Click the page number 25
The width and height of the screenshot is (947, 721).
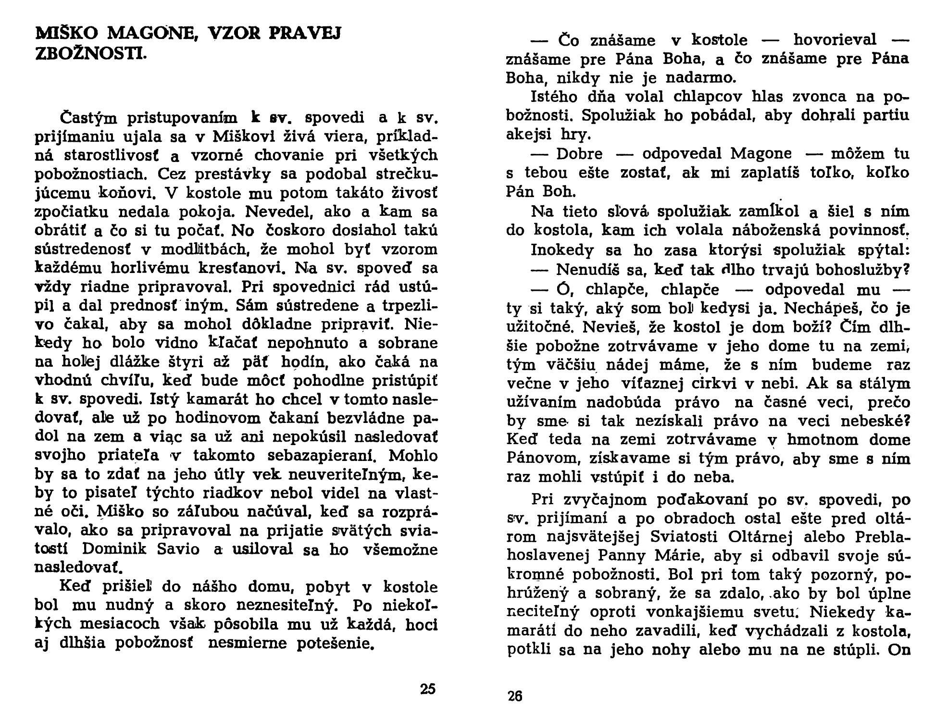click(x=427, y=689)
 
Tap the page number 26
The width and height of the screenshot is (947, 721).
click(x=515, y=696)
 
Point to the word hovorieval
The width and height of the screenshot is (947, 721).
click(x=835, y=40)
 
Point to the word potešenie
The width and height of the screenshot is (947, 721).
click(x=336, y=644)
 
